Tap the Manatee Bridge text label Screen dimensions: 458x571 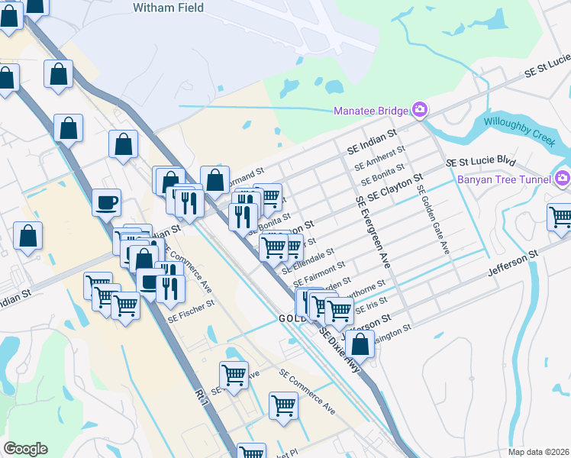tap(371, 111)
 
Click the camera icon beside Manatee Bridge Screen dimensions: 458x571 tap(419, 111)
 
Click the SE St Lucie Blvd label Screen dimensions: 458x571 tap(480, 162)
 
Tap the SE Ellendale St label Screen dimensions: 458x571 tap(308, 260)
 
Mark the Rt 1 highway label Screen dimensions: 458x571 tap(202, 395)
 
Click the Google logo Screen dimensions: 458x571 tap(25, 449)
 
